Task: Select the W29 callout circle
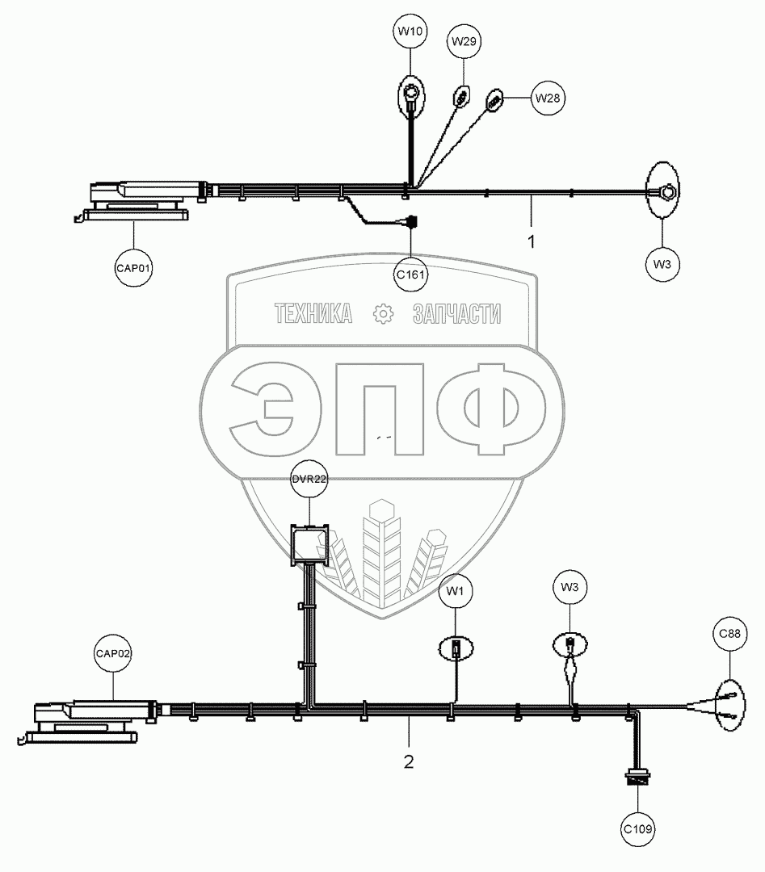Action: pyautogui.click(x=463, y=40)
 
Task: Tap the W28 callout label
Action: pyautogui.click(x=548, y=98)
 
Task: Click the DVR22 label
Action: pyautogui.click(x=309, y=480)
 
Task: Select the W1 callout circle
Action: pyautogui.click(x=456, y=591)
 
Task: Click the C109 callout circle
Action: pyautogui.click(x=638, y=828)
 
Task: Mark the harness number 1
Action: pyautogui.click(x=531, y=241)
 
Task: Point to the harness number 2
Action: pyautogui.click(x=409, y=761)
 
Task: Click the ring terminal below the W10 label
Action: pyautogui.click(x=411, y=96)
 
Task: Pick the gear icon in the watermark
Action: pyautogui.click(x=382, y=313)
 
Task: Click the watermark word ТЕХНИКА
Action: pyautogui.click(x=313, y=314)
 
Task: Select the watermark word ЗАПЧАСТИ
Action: pyautogui.click(x=456, y=314)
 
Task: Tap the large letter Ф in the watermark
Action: pyautogui.click(x=501, y=411)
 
